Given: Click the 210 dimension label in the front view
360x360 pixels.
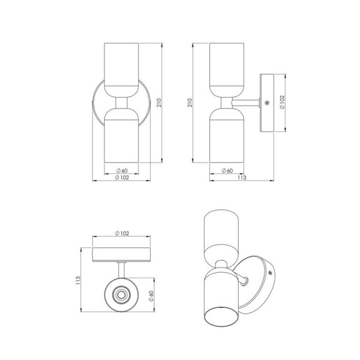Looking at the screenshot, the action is (159, 103).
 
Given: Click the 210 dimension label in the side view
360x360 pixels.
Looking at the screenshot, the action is (190, 103).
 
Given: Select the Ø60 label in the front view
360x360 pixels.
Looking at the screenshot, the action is (122, 170).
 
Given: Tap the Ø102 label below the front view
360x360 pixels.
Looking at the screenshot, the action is (122, 178).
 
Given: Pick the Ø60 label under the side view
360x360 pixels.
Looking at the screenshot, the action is (227, 170).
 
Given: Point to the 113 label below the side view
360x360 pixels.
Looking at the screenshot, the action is (242, 178).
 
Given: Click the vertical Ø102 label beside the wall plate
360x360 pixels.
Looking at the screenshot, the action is (282, 103).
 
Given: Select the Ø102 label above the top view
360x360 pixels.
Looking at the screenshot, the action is (122, 233).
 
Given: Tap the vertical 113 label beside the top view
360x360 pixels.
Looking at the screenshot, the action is (78, 281).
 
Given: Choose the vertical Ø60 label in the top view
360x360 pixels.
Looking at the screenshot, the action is (151, 296).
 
